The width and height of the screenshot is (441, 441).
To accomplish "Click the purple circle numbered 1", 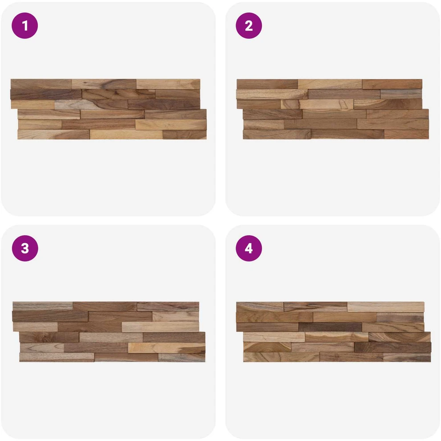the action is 25,25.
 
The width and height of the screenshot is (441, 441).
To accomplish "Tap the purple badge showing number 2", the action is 249,25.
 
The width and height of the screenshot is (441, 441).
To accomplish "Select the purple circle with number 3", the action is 25,249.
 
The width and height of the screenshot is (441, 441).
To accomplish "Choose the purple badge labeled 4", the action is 249,249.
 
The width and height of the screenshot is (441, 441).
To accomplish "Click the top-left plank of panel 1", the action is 41,84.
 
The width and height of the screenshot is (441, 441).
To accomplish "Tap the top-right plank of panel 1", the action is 168,84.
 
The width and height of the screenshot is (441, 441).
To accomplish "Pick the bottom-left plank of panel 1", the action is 53,135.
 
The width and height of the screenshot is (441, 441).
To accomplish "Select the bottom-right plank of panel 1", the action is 184,135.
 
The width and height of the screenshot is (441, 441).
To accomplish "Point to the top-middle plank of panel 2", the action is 330,84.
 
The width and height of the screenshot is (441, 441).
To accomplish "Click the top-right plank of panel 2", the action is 392,84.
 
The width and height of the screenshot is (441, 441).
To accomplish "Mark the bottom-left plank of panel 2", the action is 277,134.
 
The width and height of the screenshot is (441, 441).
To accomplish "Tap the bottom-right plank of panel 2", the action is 406,134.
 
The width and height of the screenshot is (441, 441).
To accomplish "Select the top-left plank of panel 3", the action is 43,306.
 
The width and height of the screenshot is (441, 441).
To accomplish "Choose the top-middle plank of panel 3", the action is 105,306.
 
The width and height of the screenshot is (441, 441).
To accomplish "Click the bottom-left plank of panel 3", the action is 57,357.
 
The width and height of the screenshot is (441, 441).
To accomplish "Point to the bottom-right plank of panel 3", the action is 182,357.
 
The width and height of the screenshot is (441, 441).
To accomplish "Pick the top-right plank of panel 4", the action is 386,307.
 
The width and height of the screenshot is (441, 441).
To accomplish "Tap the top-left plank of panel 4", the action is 260,307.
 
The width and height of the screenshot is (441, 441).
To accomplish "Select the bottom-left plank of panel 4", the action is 281,357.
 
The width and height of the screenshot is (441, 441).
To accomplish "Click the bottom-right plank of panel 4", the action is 407,357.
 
